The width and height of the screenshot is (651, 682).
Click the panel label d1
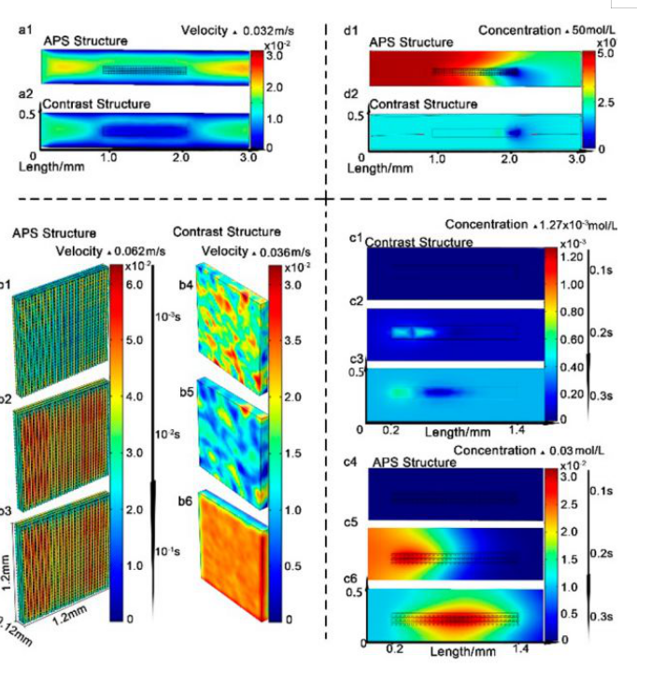(x=352, y=32)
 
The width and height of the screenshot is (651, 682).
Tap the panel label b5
(x=185, y=395)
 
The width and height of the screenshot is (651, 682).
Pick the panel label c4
(x=354, y=460)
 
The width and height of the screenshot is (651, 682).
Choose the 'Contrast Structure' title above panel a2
(x=96, y=104)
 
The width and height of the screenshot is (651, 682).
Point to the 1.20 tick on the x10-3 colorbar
(x=572, y=256)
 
